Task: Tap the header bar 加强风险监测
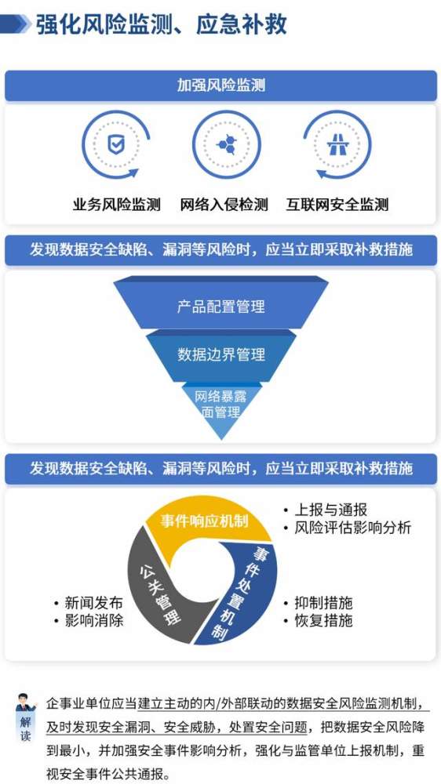[220, 85]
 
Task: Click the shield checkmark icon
[116, 144]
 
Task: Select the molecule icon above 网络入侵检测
[226, 144]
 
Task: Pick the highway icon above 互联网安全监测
[337, 144]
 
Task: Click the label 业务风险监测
[116, 205]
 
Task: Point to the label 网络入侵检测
[224, 205]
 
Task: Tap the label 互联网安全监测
[337, 205]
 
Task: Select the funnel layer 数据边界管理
[220, 355]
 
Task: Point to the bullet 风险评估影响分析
[347, 528]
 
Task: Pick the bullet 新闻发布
[88, 602]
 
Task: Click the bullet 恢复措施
[318, 620]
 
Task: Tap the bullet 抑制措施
[318, 602]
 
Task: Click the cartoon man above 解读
[26, 702]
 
